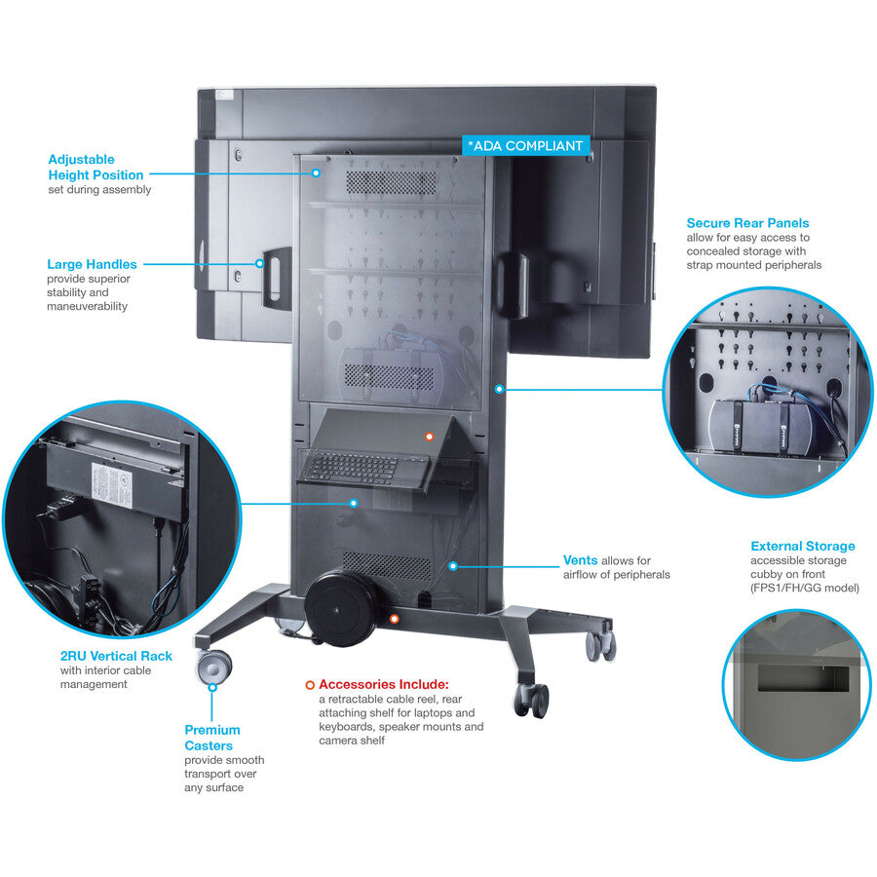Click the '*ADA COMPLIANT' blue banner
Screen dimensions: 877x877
pos(525,146)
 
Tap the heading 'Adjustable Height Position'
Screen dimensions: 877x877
pos(95,168)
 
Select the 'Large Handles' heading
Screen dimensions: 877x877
pos(92,264)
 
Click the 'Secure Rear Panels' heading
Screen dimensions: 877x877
pos(747,223)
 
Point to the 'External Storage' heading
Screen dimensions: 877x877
pos(802,546)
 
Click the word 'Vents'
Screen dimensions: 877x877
pos(580,560)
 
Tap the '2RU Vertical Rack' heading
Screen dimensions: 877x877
pos(116,656)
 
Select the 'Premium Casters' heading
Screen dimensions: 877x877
pos(212,738)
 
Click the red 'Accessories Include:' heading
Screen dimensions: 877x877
pos(383,684)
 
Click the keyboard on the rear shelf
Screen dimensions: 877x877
pos(353,468)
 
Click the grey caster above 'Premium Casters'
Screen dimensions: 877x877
pos(213,668)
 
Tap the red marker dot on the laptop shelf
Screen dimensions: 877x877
pos(427,436)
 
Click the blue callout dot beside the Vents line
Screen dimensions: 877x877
pos(452,565)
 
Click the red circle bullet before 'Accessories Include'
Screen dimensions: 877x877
pos(310,685)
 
